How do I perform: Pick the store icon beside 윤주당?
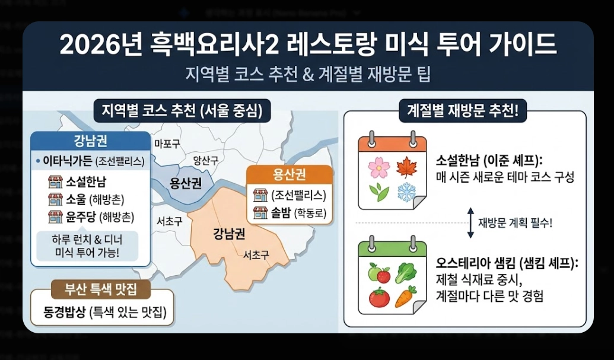56,216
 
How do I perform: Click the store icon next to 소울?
56,199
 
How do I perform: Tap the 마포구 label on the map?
167,144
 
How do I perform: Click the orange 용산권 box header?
289,175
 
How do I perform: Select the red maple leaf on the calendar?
406,167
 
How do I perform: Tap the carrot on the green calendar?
406,295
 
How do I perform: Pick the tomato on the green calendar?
379,297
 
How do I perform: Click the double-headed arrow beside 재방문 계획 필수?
470,223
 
